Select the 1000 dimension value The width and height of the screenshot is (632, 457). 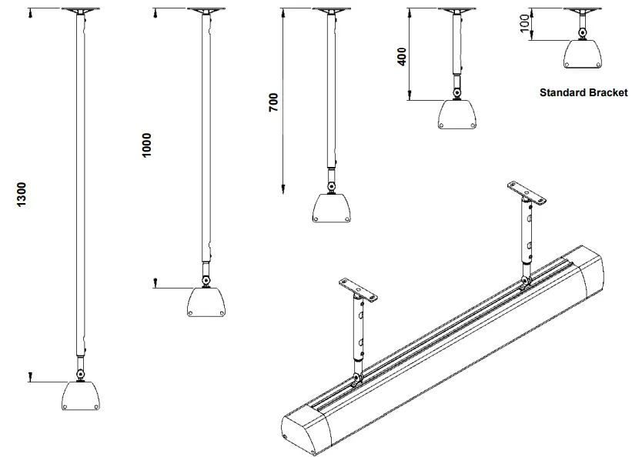147,145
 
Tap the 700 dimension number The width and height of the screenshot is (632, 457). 273,103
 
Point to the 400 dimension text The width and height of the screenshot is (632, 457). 401,55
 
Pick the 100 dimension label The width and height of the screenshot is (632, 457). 524,23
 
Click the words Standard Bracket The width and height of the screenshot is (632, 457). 584,92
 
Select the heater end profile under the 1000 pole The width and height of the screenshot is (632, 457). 206,302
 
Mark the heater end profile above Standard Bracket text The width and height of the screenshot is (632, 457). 583,52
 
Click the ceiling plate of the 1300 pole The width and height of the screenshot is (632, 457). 80,10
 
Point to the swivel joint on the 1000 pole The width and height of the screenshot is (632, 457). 206,279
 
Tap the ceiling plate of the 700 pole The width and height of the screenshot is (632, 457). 332,10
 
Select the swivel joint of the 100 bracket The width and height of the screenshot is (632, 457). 583,32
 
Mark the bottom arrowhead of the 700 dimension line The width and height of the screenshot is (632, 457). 283,188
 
